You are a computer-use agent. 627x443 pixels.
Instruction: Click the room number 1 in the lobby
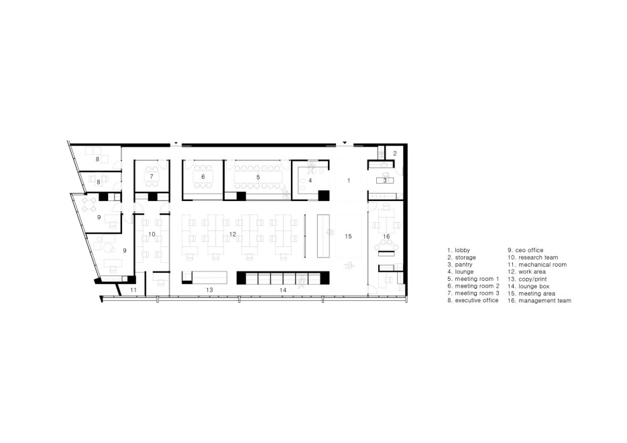tap(349, 180)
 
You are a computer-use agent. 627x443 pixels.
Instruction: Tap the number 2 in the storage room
tap(395, 153)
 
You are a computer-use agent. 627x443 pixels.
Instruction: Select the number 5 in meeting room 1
tap(258, 177)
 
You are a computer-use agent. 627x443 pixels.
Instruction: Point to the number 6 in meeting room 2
tap(203, 176)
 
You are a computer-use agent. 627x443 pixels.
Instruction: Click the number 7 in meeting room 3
tap(152, 176)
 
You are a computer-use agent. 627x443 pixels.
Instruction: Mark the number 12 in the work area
tap(233, 234)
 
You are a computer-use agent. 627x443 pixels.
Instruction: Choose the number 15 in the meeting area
tap(348, 236)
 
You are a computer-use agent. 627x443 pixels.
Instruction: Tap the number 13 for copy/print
tap(209, 290)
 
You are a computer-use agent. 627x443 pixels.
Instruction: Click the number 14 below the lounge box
tap(283, 290)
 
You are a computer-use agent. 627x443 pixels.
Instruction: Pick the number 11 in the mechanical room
tap(133, 290)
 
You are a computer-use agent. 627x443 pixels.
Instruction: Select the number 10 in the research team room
tap(152, 234)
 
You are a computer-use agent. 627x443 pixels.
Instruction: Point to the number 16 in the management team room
tap(386, 237)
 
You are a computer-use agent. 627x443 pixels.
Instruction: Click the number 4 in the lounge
tap(310, 180)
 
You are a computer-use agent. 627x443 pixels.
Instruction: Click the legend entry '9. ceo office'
tap(526, 250)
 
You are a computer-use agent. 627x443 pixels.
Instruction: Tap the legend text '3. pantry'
tap(460, 265)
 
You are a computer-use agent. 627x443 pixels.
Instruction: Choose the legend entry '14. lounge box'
tap(528, 286)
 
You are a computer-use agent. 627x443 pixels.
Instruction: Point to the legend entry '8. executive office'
tap(473, 300)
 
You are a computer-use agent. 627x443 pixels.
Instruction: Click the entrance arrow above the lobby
tap(345, 143)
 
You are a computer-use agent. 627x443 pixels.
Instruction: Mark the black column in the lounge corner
tap(323, 195)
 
